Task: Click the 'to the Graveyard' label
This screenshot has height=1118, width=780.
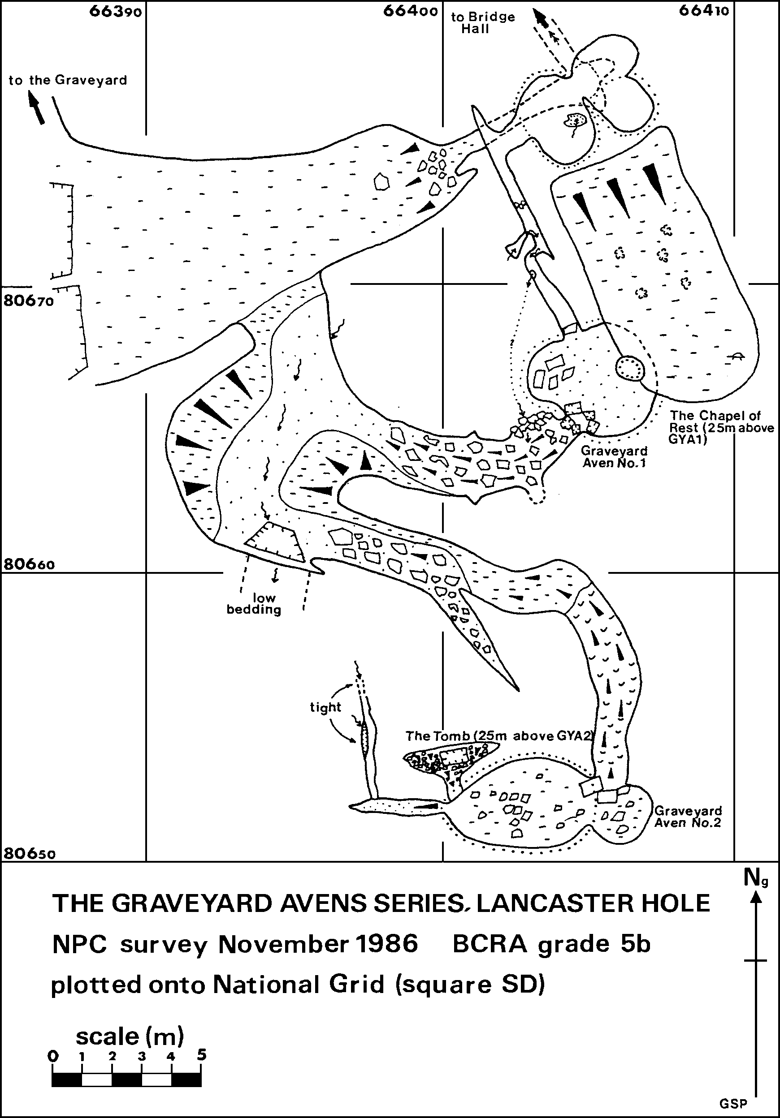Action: click(68, 80)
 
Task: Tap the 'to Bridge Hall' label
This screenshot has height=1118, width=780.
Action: click(483, 23)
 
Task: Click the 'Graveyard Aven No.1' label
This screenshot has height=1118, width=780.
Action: click(614, 457)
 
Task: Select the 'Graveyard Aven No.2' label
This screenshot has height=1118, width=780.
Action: click(688, 817)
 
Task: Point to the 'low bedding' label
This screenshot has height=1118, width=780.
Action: click(254, 604)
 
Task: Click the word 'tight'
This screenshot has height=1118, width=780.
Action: click(325, 707)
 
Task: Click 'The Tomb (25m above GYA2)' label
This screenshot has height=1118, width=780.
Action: click(498, 736)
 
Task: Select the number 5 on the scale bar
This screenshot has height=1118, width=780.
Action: click(201, 1054)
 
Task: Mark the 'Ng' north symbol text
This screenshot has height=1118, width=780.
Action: click(756, 878)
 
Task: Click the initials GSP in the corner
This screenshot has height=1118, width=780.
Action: click(733, 1103)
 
